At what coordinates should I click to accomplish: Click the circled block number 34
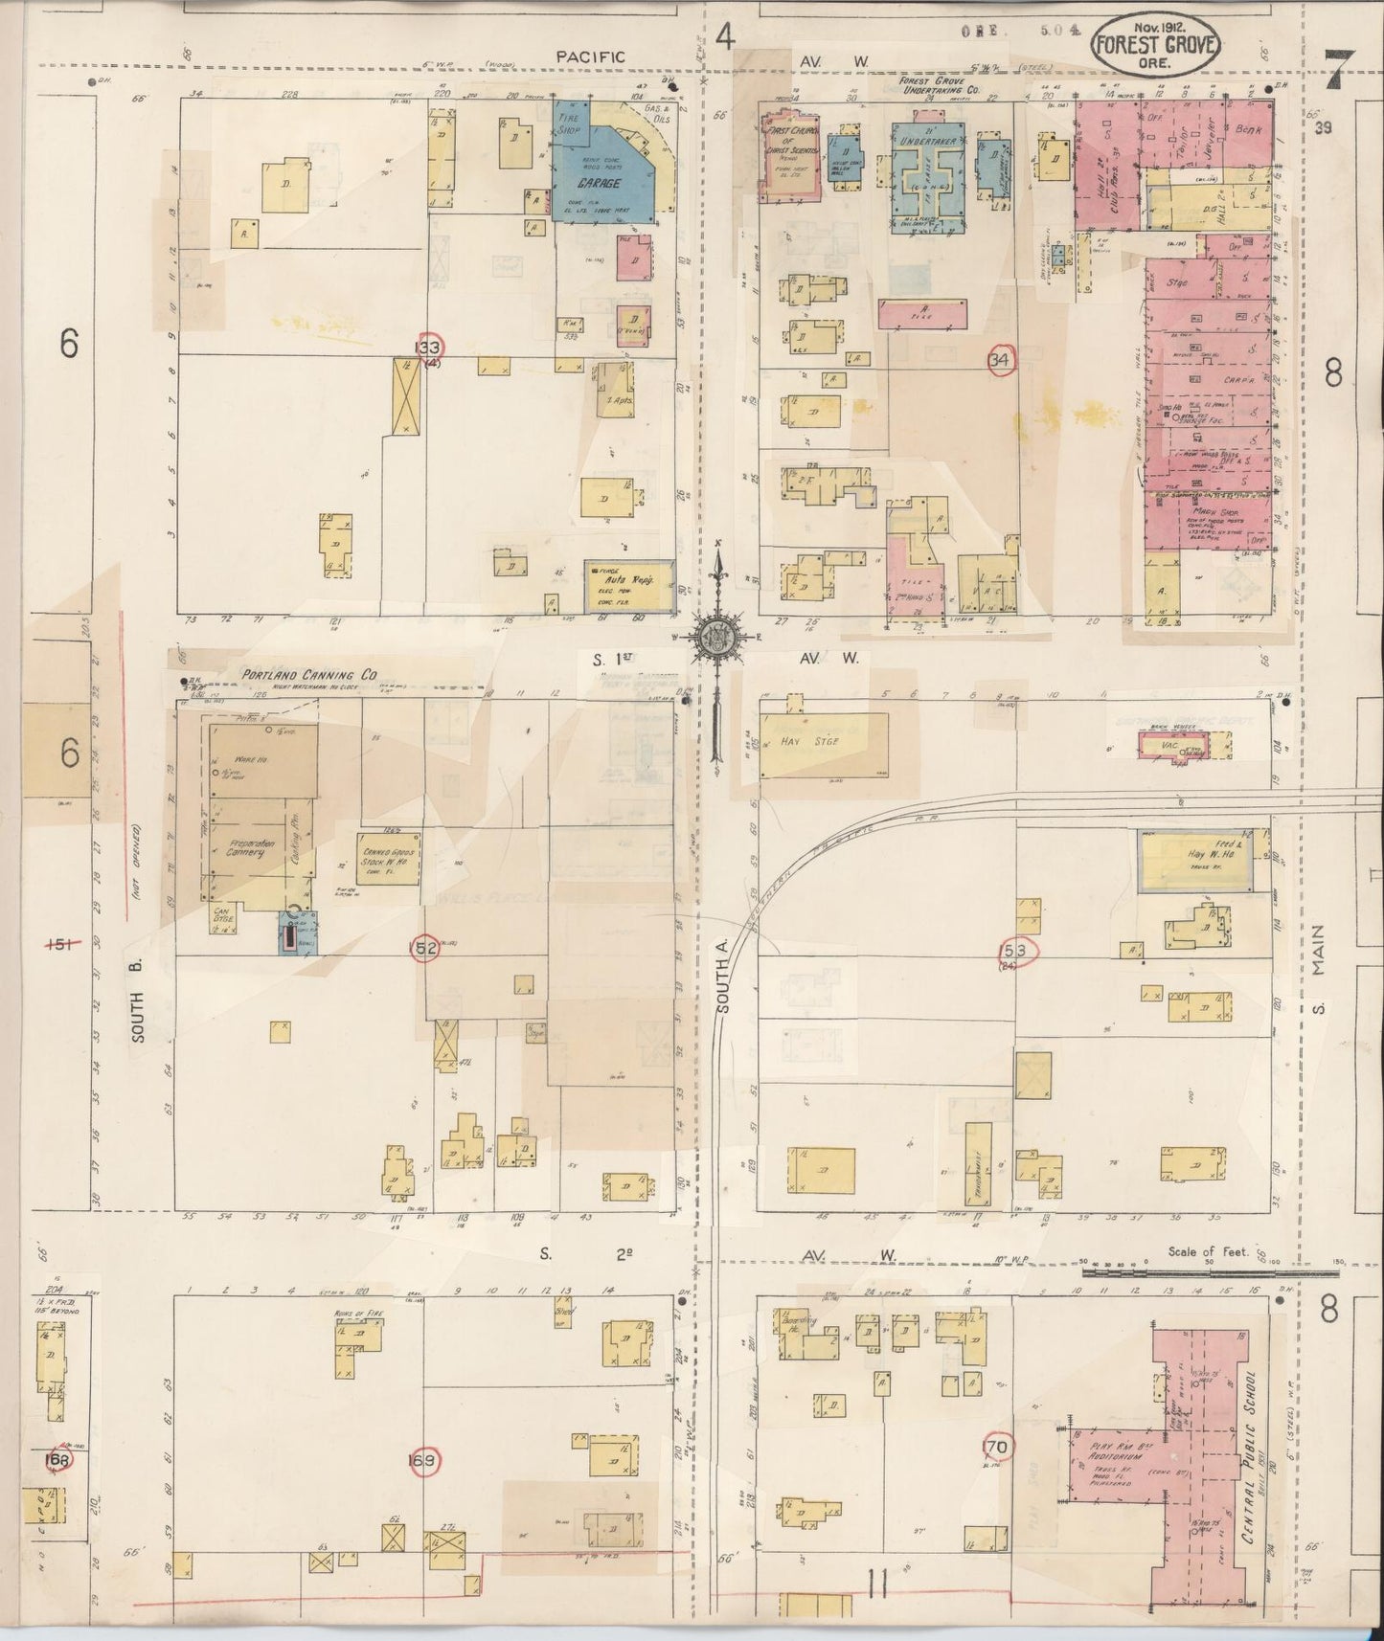tap(1001, 359)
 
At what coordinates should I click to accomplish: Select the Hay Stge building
tap(823, 744)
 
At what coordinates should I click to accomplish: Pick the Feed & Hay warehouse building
tap(1197, 860)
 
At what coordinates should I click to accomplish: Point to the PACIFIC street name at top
tap(591, 57)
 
